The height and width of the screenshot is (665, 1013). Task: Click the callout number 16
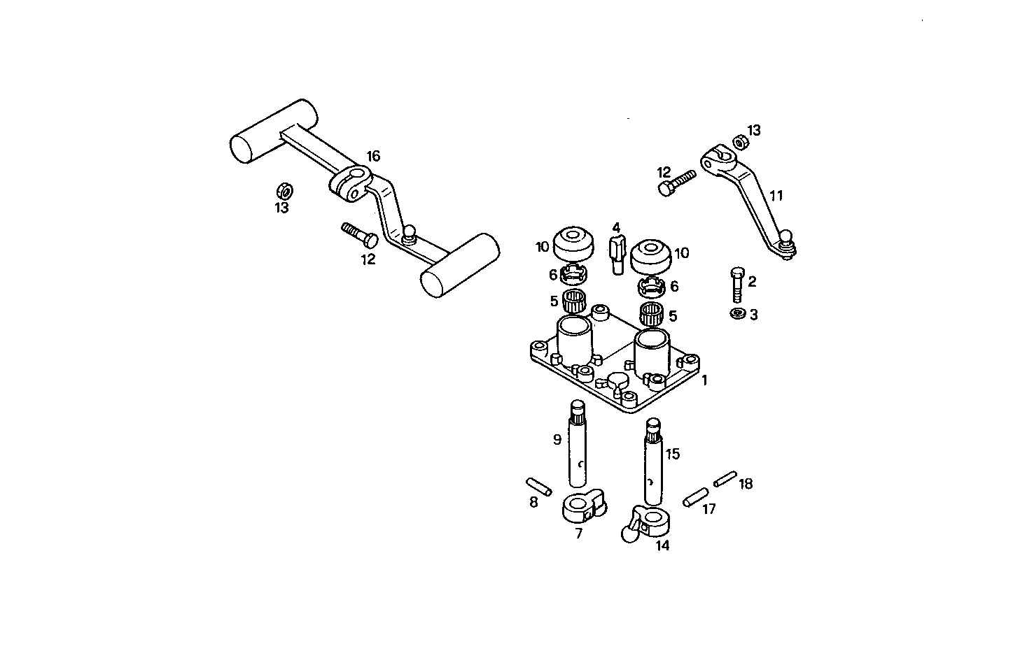click(373, 156)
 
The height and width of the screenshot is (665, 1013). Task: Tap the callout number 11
click(776, 196)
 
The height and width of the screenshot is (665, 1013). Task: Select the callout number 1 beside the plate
click(704, 380)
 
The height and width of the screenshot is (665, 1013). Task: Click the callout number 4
click(616, 228)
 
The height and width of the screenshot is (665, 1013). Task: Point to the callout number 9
click(557, 440)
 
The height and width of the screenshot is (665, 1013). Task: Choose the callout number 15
click(672, 454)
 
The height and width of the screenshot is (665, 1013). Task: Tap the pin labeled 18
click(725, 478)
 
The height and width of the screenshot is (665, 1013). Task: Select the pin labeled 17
click(694, 498)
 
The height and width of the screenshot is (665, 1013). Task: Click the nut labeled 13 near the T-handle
click(284, 190)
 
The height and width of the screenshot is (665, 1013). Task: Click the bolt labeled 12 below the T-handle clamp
click(359, 234)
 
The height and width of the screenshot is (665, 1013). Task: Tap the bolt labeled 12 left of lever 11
click(676, 181)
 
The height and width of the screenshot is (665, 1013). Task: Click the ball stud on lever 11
click(788, 238)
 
